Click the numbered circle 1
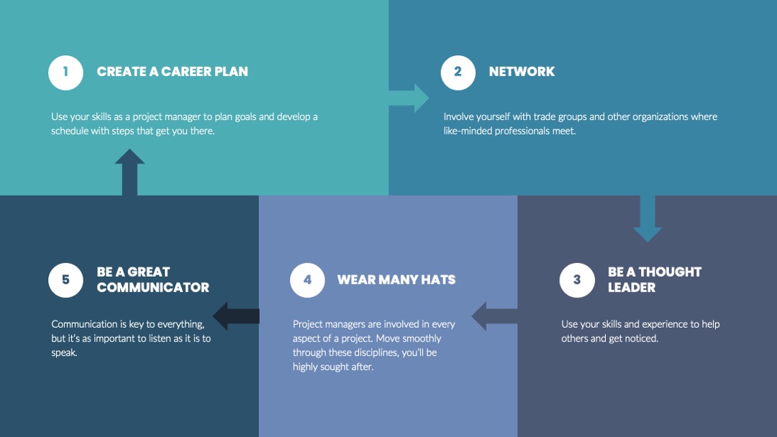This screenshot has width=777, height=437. pyautogui.click(x=65, y=73)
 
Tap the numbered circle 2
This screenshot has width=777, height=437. pyautogui.click(x=458, y=73)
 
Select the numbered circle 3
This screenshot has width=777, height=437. pyautogui.click(x=577, y=280)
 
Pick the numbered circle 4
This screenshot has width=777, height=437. pyautogui.click(x=307, y=280)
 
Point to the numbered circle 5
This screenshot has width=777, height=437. pyautogui.click(x=65, y=280)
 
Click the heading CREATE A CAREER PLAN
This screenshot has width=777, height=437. pyautogui.click(x=173, y=72)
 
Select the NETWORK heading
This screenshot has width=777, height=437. pyautogui.click(x=522, y=72)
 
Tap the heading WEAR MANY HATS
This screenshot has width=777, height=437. pyautogui.click(x=396, y=280)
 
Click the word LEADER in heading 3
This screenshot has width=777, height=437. pyautogui.click(x=632, y=287)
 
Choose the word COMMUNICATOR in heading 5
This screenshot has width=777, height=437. pyautogui.click(x=153, y=287)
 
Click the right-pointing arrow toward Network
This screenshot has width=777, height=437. pyautogui.click(x=409, y=98)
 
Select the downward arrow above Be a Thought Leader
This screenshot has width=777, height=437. pyautogui.click(x=647, y=218)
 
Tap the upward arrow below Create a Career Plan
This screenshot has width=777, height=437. pyautogui.click(x=129, y=172)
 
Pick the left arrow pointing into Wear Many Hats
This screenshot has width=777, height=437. pyautogui.click(x=494, y=316)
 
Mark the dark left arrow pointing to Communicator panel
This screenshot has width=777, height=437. pyautogui.click(x=236, y=316)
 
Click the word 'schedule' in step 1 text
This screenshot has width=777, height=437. pyautogui.click(x=70, y=131)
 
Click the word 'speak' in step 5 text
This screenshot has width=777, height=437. pyautogui.click(x=64, y=353)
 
